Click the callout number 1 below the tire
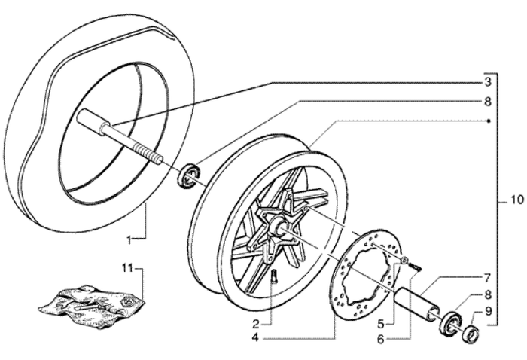coord(129,240)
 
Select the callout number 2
coord(257,324)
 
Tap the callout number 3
coord(488,81)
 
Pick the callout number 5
coord(381,324)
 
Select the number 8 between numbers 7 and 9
coord(488,295)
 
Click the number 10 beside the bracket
coord(515,201)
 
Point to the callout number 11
coord(129,267)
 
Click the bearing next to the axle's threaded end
coord(187,174)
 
